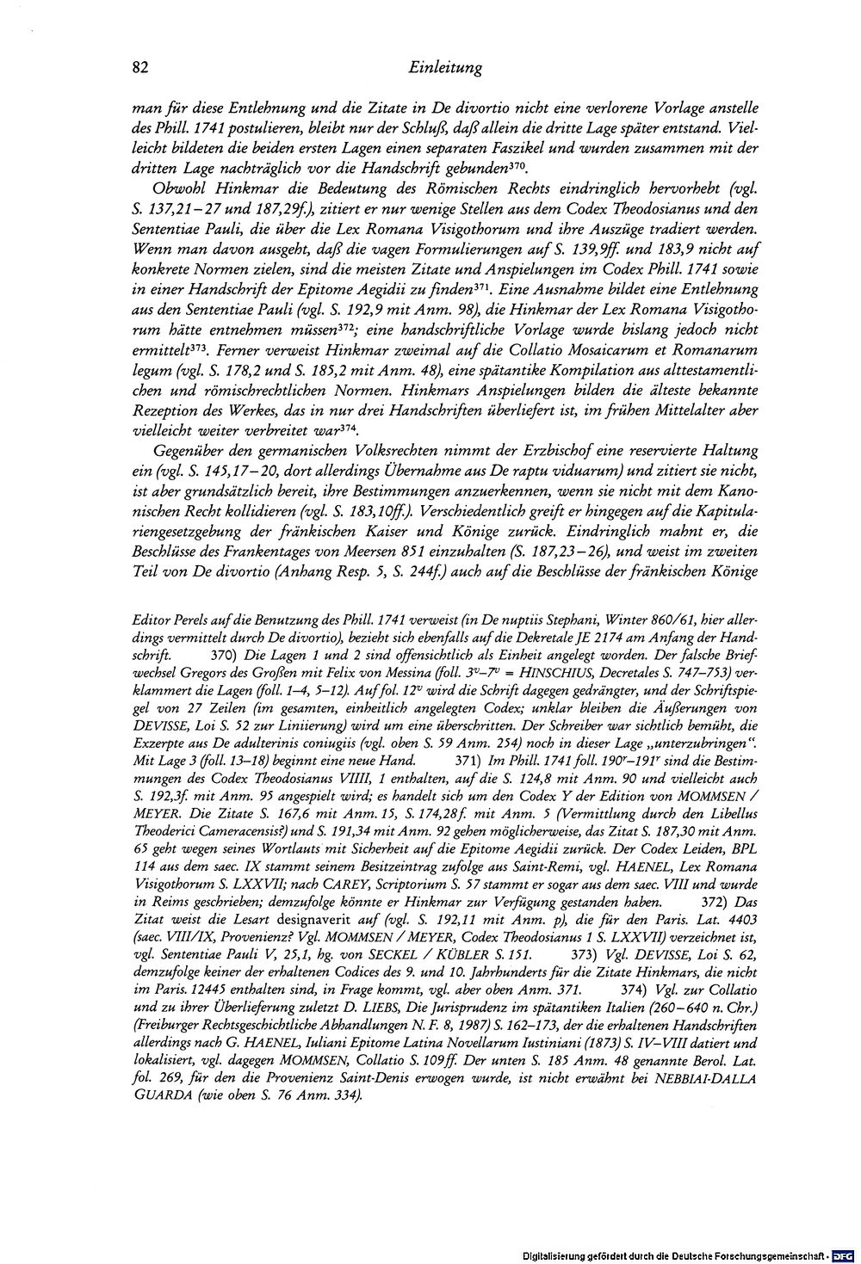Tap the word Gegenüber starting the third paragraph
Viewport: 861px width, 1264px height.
(184, 450)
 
